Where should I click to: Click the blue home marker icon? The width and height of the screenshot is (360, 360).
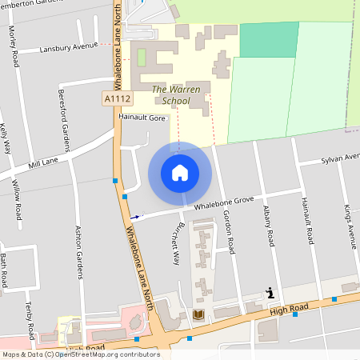click(x=180, y=173)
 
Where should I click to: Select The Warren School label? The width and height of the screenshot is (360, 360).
click(x=171, y=95)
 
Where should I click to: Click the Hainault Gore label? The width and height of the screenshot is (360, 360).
click(x=141, y=117)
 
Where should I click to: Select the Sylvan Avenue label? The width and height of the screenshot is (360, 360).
click(x=340, y=158)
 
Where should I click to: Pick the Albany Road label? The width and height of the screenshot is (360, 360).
click(x=270, y=227)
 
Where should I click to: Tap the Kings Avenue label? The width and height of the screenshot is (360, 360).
click(x=350, y=227)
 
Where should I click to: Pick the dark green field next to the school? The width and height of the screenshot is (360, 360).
click(x=269, y=39)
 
